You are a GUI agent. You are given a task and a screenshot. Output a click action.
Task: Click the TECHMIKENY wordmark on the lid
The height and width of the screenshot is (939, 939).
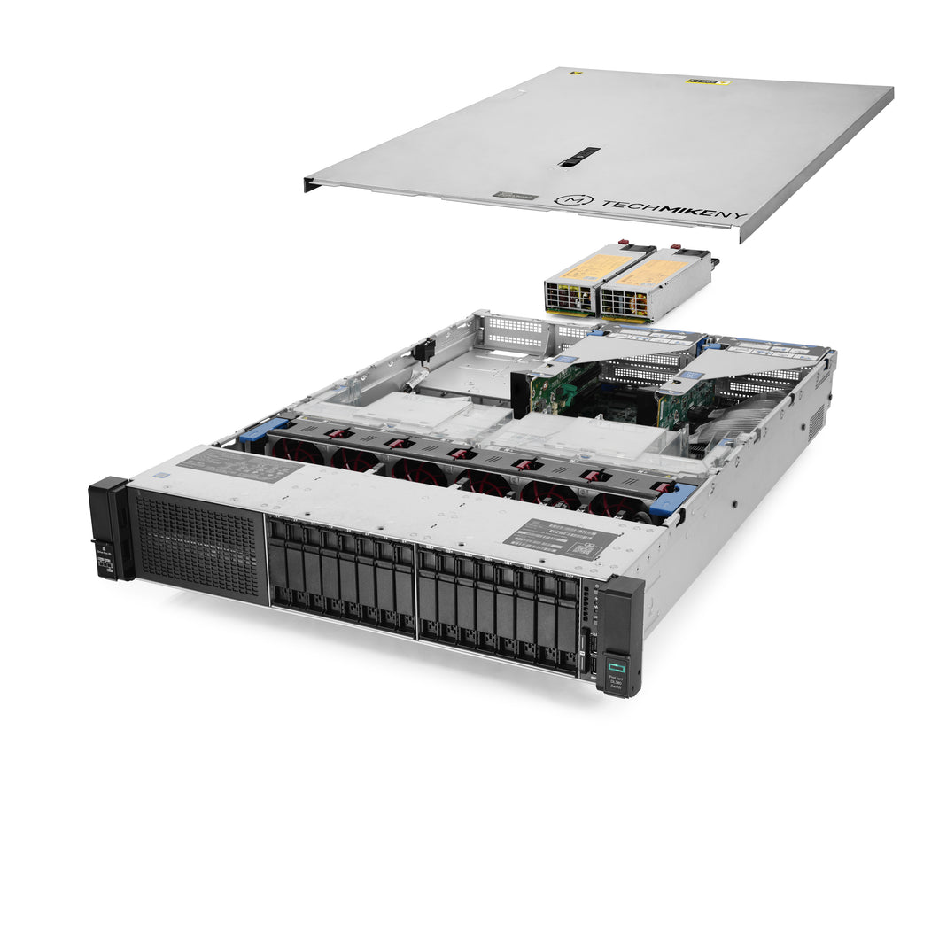[x=673, y=209]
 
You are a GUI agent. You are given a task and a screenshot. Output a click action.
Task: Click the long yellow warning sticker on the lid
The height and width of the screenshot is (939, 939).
[x=708, y=81]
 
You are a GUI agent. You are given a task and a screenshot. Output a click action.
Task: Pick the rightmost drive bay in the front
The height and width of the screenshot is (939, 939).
[x=568, y=625]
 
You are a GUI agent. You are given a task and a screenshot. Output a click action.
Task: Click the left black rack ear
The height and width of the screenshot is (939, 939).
[x=110, y=529]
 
